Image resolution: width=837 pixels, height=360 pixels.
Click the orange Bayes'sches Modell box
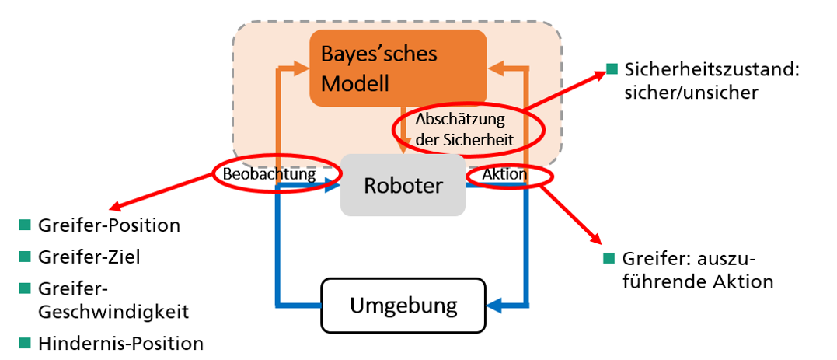[398, 68]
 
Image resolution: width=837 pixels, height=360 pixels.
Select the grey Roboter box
[403, 186]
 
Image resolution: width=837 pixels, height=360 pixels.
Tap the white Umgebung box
[403, 305]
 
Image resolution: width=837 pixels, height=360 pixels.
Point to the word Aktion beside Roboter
[504, 175]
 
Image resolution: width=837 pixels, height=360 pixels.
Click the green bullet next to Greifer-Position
[25, 225]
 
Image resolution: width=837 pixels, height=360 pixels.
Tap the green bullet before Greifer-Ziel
[25, 257]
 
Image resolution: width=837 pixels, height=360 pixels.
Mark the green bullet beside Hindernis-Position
[25, 343]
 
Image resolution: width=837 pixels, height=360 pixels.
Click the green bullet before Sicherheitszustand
[612, 69]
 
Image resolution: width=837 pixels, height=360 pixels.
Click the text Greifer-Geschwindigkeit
[113, 299]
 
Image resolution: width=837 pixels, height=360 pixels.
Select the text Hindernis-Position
[120, 343]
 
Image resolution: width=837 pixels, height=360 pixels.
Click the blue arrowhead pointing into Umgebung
[496, 305]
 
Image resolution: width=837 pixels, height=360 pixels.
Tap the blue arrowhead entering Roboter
[335, 185]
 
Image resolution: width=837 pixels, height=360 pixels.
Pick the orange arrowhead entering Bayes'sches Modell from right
[496, 68]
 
